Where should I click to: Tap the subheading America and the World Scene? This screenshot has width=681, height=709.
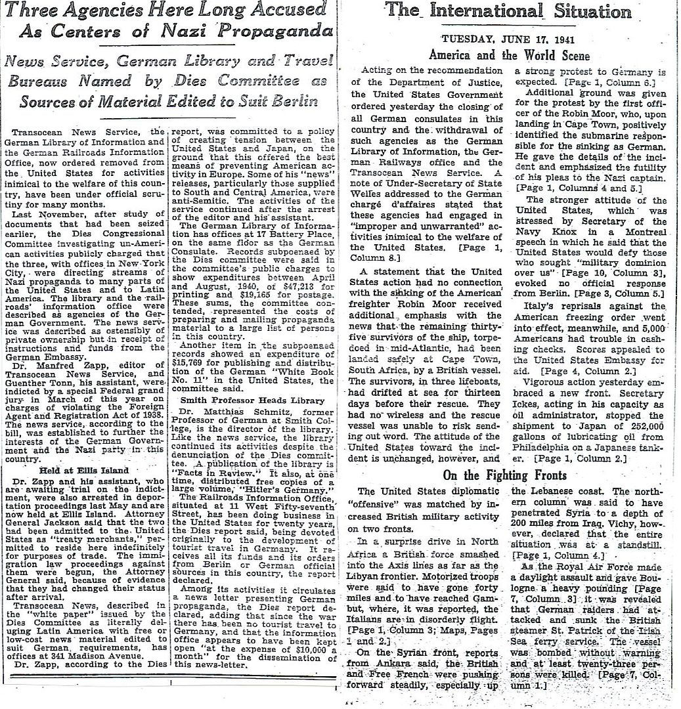(x=510, y=56)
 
